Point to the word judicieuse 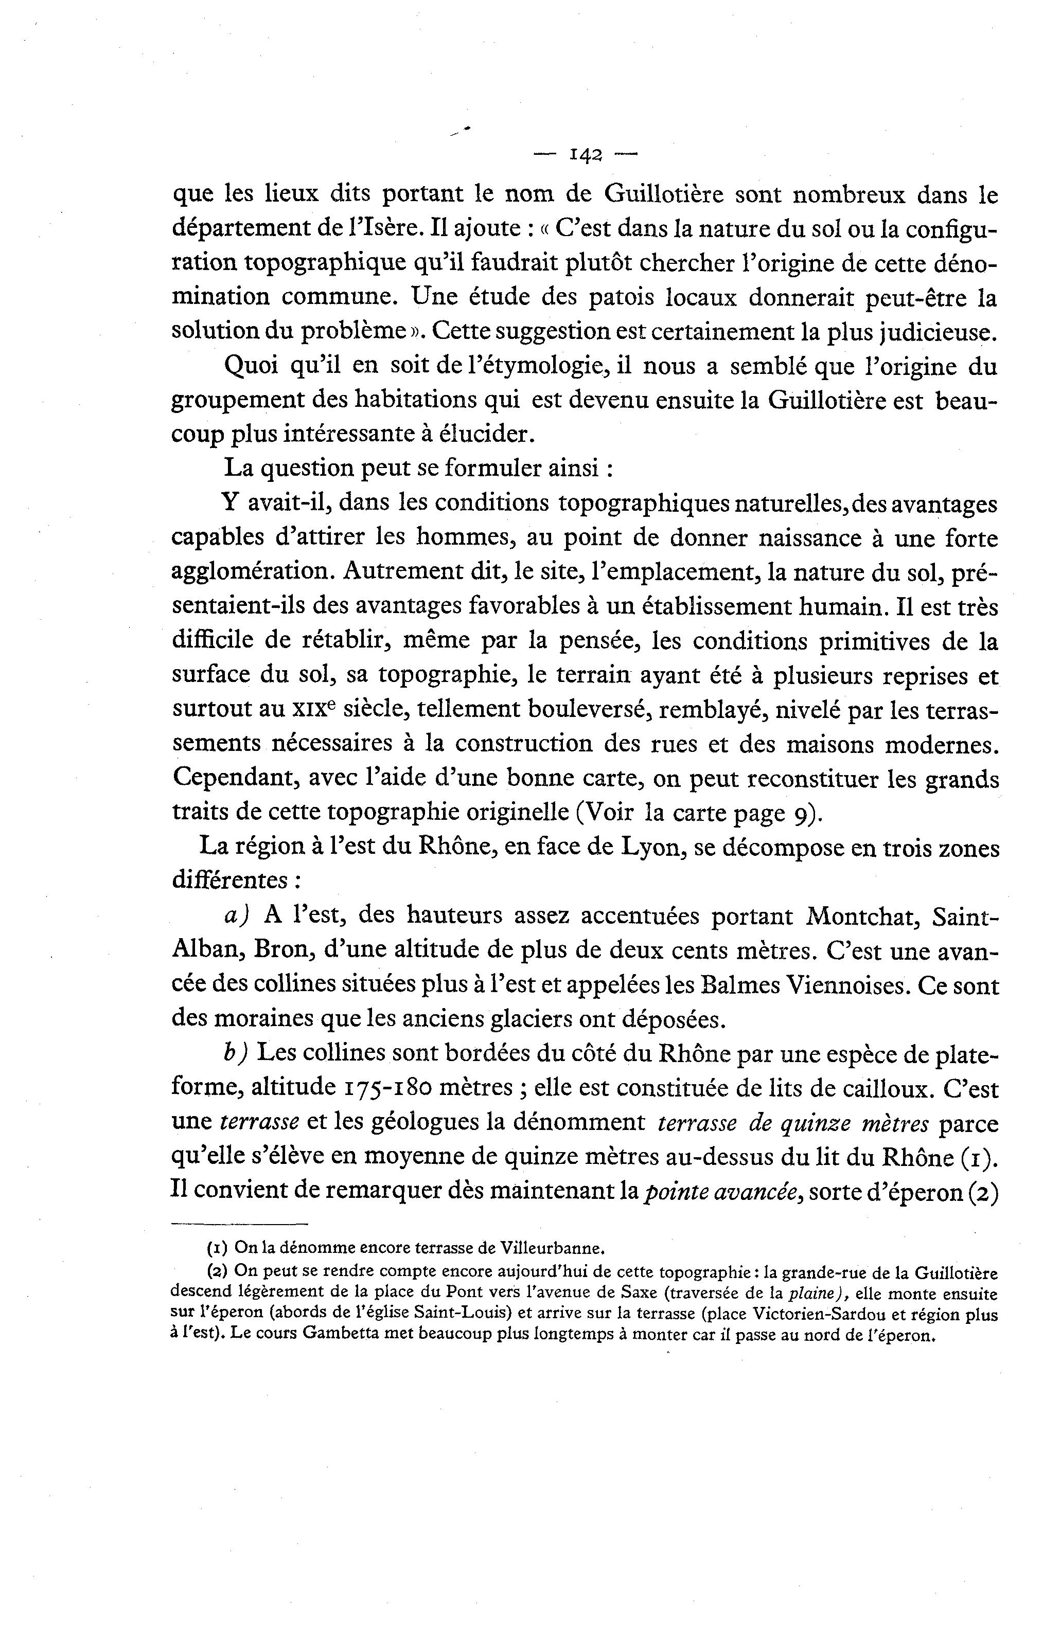pos(938,332)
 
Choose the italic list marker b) pos(236,1054)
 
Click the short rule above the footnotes pos(239,1224)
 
